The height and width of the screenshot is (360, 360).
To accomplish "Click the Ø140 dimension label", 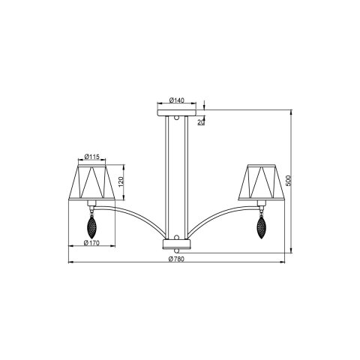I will [x=177, y=100].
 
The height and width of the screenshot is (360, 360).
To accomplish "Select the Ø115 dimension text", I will [x=92, y=156].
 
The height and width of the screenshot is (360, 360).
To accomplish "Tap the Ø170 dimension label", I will [x=92, y=242].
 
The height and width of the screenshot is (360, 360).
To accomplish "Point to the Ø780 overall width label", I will [x=177, y=258].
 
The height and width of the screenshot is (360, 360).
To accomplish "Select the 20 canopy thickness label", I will [x=199, y=121].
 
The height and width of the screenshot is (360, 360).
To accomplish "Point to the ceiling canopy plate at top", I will [x=177, y=112].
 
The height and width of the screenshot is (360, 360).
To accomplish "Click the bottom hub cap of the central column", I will [x=177, y=244].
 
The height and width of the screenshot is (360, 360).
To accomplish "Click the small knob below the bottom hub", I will [x=177, y=252].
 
